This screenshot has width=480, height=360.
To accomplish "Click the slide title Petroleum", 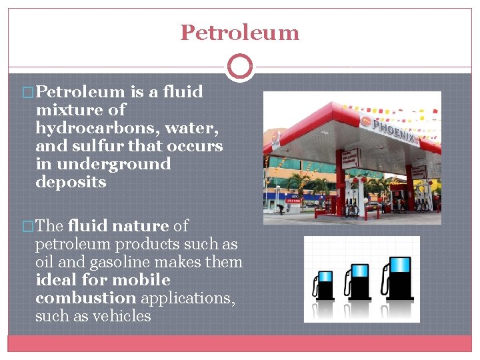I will tap(240, 32).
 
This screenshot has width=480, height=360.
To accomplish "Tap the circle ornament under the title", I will tap(240, 67).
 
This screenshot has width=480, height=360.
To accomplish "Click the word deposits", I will tap(71, 182).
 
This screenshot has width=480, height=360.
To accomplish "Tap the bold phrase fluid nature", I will tap(119, 226).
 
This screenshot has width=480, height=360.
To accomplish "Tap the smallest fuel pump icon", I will tap(325, 285).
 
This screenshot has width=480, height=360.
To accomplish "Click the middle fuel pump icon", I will tap(359, 281).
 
